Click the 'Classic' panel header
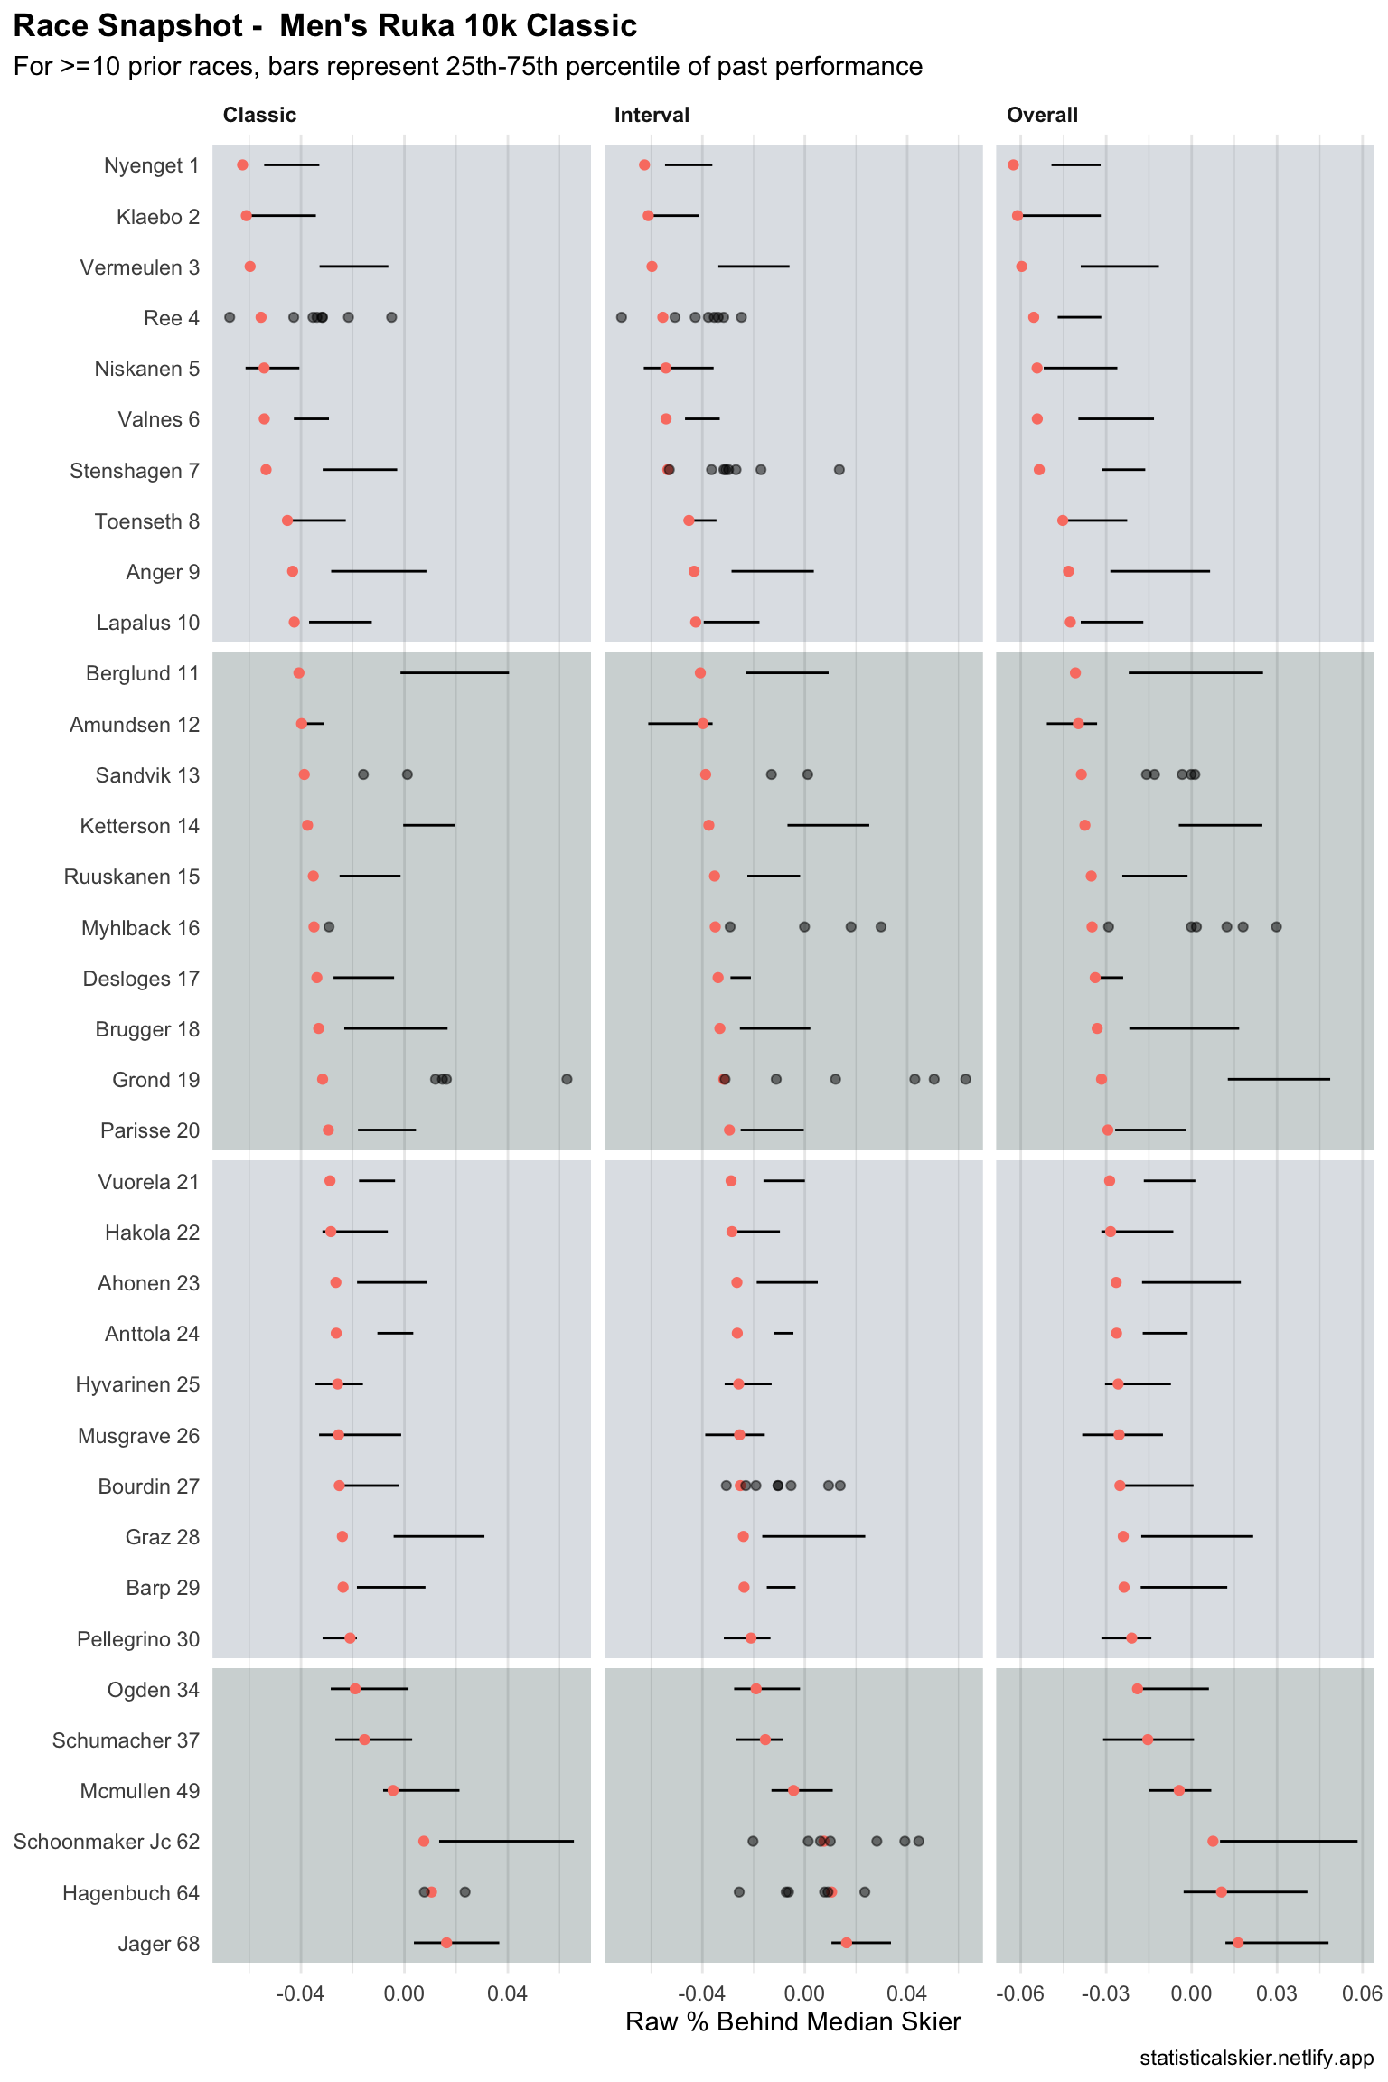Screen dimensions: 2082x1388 coord(259,116)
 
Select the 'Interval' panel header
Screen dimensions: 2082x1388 coord(652,116)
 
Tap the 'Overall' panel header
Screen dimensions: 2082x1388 coord(1042,116)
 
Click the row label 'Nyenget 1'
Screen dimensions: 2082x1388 coord(151,166)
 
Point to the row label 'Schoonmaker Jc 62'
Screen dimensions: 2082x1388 coord(106,1842)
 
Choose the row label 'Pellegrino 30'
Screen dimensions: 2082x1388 coord(138,1639)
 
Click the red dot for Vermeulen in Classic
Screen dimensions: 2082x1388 coord(250,267)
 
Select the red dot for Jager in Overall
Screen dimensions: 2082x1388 coord(1238,1943)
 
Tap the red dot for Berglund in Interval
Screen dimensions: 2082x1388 coord(700,673)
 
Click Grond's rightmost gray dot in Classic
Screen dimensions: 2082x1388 coord(567,1080)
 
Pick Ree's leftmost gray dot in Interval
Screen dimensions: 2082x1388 coord(622,317)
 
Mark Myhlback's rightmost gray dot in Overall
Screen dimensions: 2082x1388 coord(1276,927)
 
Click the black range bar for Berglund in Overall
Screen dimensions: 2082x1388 coord(1196,673)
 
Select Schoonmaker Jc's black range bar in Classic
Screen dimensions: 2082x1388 coord(506,1841)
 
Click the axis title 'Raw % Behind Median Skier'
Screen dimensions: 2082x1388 coord(792,2022)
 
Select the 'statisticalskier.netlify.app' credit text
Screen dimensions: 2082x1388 coord(1256,2059)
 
